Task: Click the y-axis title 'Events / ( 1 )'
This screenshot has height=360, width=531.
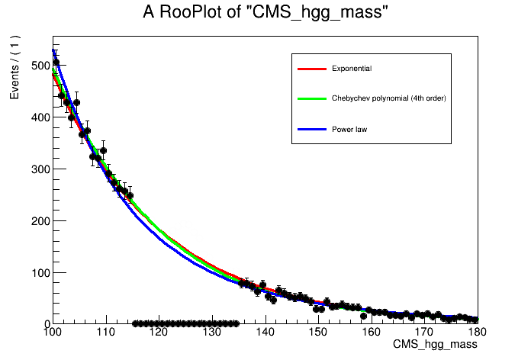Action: [x=14, y=68]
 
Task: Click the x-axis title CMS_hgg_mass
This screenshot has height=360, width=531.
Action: [x=435, y=346]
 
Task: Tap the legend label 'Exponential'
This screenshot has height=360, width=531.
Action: [x=352, y=69]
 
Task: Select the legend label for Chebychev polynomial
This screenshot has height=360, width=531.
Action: [x=388, y=98]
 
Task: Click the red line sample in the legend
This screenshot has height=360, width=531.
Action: [x=311, y=69]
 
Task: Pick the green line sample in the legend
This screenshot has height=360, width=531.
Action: [x=311, y=98]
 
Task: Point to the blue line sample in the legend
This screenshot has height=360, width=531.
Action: [x=311, y=129]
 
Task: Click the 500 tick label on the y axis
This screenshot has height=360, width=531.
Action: [x=37, y=66]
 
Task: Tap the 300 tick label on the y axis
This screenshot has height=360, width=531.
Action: [x=37, y=169]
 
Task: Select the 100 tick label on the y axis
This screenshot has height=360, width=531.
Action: [x=37, y=273]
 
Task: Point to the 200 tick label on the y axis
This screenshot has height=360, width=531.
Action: [x=37, y=221]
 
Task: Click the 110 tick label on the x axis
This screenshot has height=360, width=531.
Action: [x=105, y=332]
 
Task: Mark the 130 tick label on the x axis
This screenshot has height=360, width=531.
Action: [x=212, y=332]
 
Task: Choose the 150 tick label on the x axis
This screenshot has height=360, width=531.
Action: [x=318, y=332]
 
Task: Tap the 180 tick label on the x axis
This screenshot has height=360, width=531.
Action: [x=477, y=332]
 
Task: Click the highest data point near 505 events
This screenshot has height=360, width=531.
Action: [x=56, y=63]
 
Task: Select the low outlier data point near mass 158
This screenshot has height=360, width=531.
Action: [x=363, y=316]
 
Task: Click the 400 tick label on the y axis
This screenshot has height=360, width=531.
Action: [x=37, y=117]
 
